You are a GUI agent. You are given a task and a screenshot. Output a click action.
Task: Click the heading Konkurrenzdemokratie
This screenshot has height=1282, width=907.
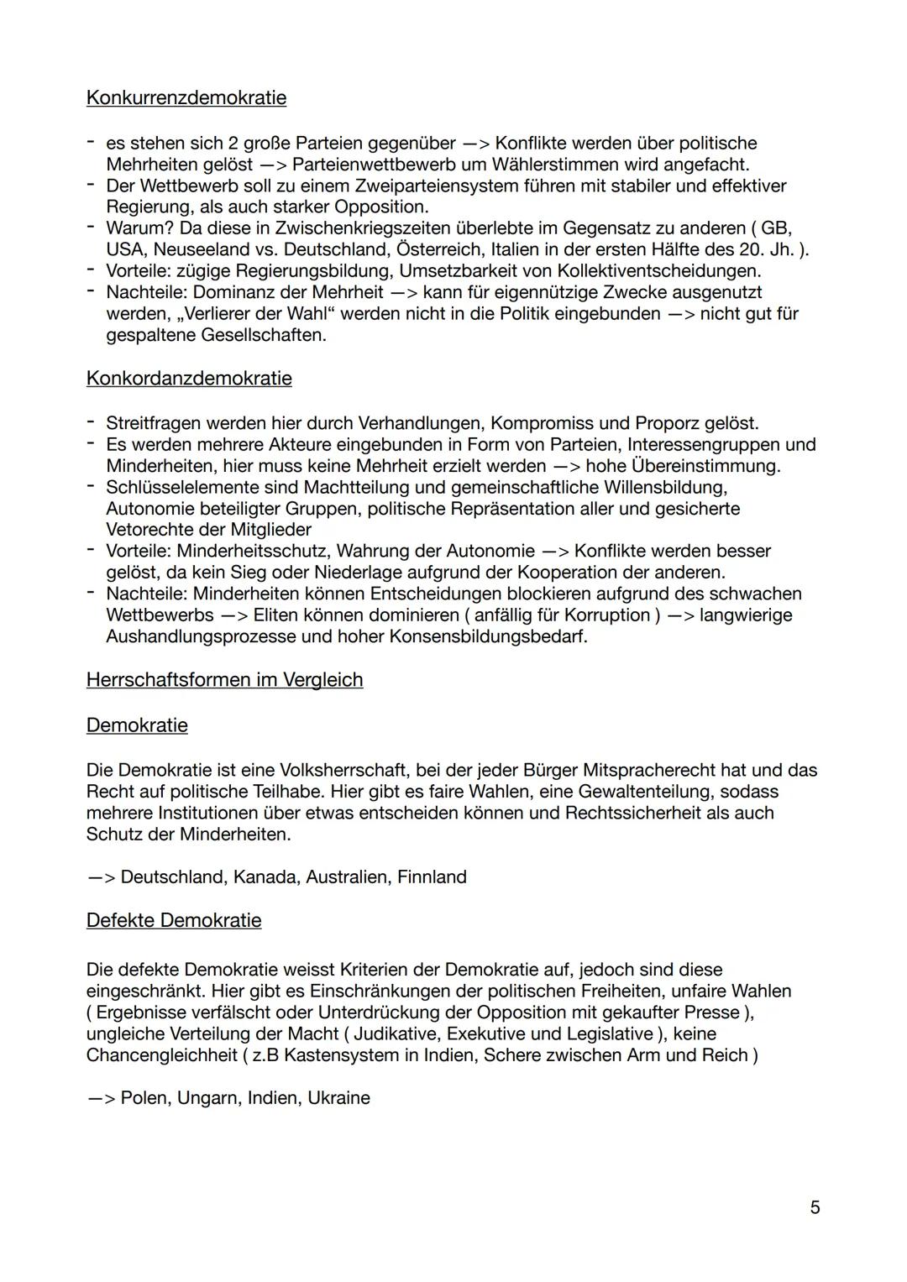pos(186,98)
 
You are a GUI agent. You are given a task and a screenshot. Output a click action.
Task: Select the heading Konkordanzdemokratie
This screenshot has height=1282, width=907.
pos(189,379)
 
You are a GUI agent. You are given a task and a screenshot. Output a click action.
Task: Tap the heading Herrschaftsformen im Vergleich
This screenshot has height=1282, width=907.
pos(224,680)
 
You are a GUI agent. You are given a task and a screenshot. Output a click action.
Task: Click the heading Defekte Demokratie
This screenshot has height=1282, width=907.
pos(174,921)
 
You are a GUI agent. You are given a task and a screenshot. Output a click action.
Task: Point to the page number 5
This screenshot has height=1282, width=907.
pos(815,1207)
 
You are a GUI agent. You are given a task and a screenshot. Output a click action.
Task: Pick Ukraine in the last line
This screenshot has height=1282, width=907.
pos(338,1098)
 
